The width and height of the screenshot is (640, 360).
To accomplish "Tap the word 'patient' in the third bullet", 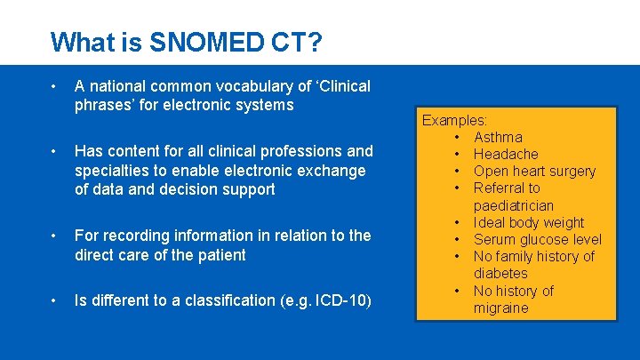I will (x=220, y=255).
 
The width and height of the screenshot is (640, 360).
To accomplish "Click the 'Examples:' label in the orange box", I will (x=454, y=119).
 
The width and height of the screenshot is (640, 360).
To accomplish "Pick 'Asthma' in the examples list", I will (x=498, y=137).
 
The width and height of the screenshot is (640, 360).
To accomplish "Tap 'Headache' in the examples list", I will (x=506, y=154).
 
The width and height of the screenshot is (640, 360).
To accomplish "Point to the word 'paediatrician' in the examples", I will (x=514, y=205).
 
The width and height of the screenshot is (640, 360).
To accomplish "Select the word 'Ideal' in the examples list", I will (x=491, y=222).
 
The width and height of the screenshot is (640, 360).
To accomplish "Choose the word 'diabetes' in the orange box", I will (x=500, y=274).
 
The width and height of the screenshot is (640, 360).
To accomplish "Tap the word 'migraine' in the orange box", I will (x=501, y=308).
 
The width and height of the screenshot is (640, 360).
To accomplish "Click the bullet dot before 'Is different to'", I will (x=55, y=300).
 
